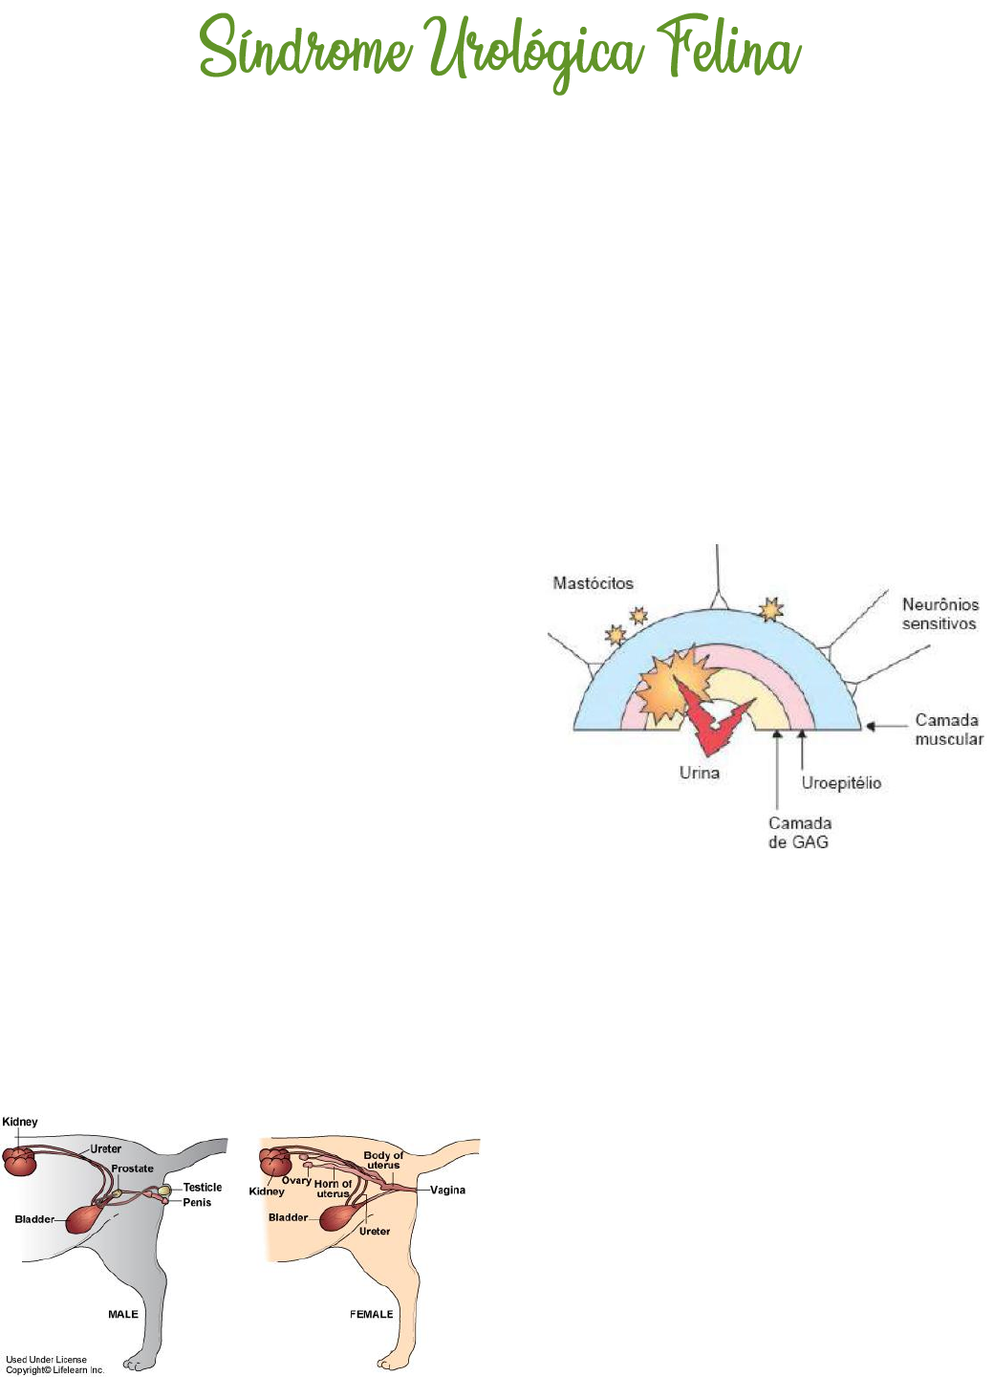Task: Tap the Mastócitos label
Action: pyautogui.click(x=593, y=583)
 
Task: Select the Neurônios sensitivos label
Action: pyautogui.click(x=940, y=614)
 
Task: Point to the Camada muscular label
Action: pyautogui.click(x=947, y=730)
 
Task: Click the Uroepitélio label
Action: pyautogui.click(x=841, y=783)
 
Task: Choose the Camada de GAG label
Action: pyautogui.click(x=799, y=833)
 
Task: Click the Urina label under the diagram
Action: pyautogui.click(x=699, y=773)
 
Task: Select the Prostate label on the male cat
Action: pyautogui.click(x=132, y=1169)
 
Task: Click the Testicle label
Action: pyautogui.click(x=202, y=1188)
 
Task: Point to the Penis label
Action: pyautogui.click(x=197, y=1202)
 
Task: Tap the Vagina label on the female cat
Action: pyautogui.click(x=447, y=1191)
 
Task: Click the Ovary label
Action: pyautogui.click(x=296, y=1181)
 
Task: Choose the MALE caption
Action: pyautogui.click(x=123, y=1314)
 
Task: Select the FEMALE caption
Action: pyautogui.click(x=371, y=1314)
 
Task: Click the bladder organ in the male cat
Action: pyautogui.click(x=85, y=1218)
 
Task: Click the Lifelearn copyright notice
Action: pyautogui.click(x=54, y=1365)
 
